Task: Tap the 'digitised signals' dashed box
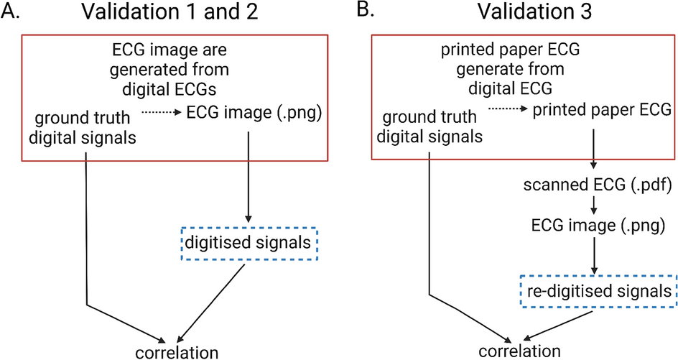249,244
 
